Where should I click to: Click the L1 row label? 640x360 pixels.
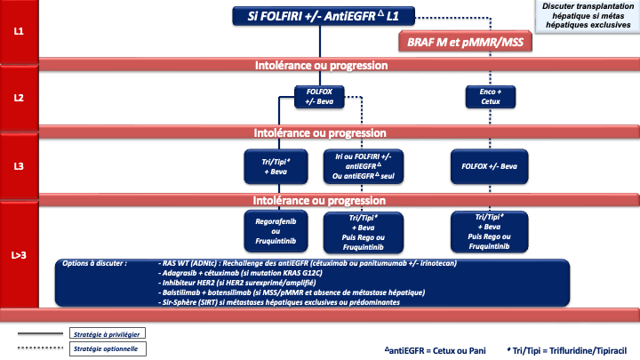click(19, 31)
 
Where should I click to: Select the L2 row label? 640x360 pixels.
click(19, 99)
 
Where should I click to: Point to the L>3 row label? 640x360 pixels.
click(19, 256)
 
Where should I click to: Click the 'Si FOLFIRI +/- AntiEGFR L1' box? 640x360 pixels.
click(316, 16)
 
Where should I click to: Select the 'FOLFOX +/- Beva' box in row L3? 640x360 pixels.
click(490, 166)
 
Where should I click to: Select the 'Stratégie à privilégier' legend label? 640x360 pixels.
click(108, 332)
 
